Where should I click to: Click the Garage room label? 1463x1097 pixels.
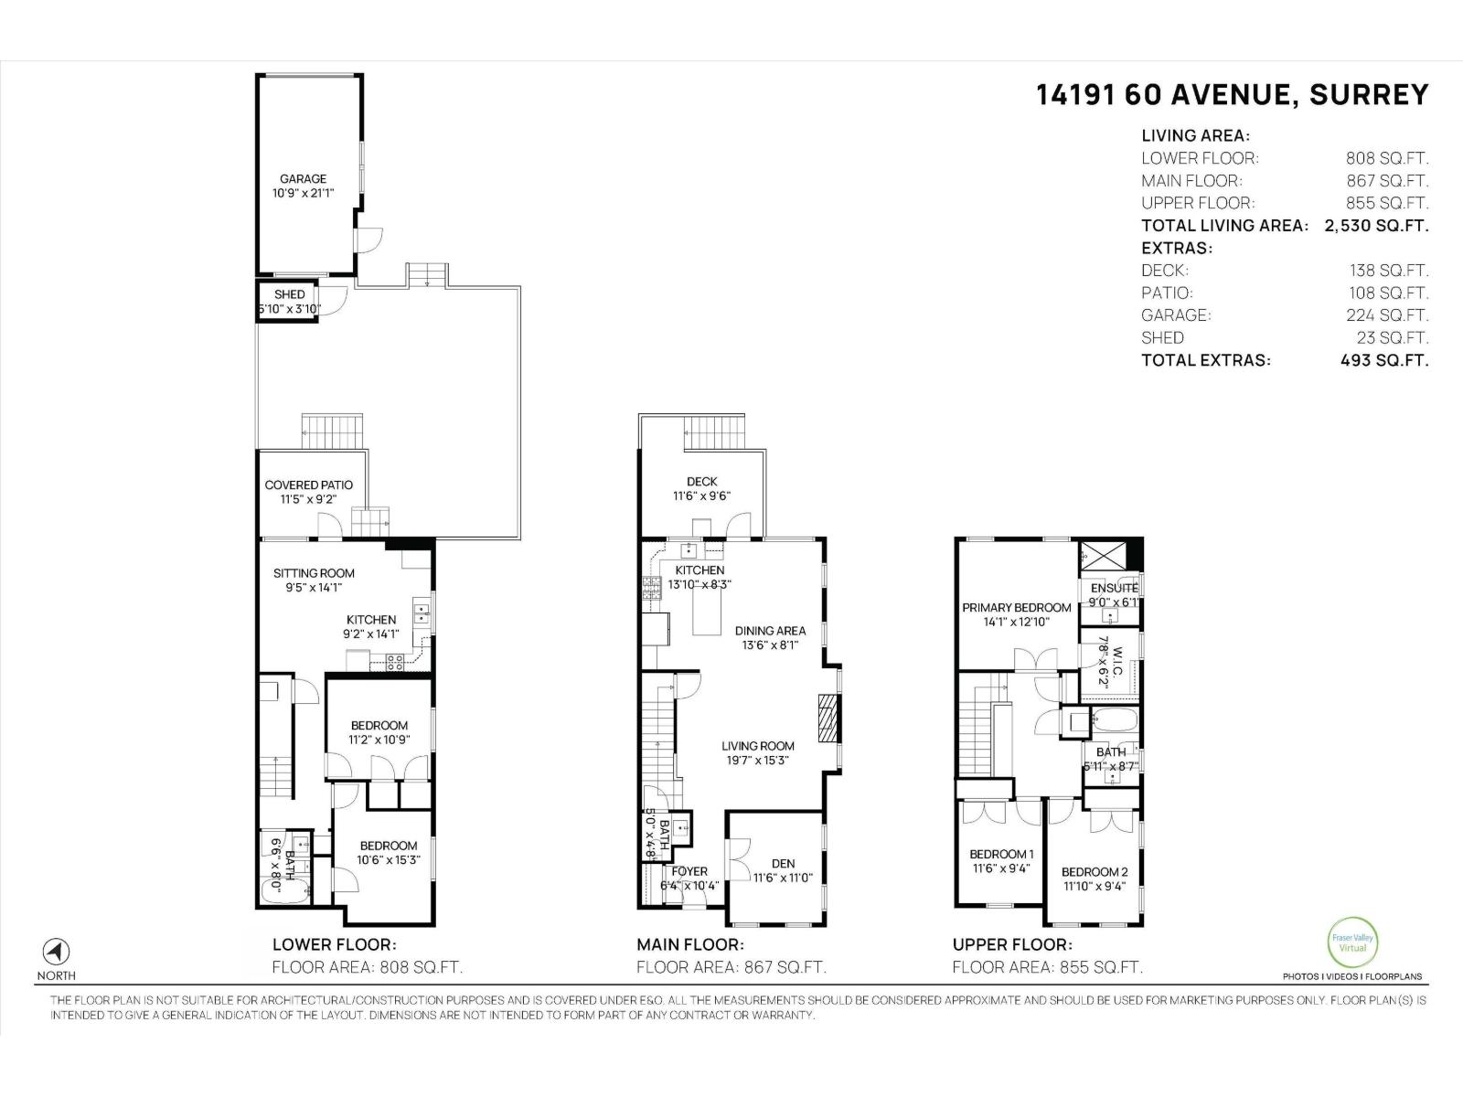click(x=303, y=179)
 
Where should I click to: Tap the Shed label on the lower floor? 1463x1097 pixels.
click(x=289, y=294)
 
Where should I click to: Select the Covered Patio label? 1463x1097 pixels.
click(x=308, y=485)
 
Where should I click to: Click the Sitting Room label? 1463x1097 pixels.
click(x=314, y=573)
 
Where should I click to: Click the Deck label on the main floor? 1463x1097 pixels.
click(x=701, y=482)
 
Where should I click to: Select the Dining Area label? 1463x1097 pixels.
click(x=770, y=631)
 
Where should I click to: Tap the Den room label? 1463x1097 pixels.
click(x=783, y=863)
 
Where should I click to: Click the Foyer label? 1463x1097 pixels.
click(x=689, y=871)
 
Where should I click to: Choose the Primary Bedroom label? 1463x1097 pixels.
click(x=1016, y=608)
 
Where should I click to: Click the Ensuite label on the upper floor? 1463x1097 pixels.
click(x=1114, y=588)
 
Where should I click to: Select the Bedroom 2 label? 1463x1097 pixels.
click(x=1095, y=871)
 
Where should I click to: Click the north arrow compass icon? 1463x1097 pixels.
click(x=57, y=951)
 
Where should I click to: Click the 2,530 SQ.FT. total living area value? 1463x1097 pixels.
click(x=1375, y=226)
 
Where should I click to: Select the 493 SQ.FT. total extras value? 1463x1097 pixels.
click(x=1383, y=360)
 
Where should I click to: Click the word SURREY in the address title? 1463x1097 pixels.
click(x=1368, y=95)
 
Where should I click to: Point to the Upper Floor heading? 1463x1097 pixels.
click(x=1011, y=945)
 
